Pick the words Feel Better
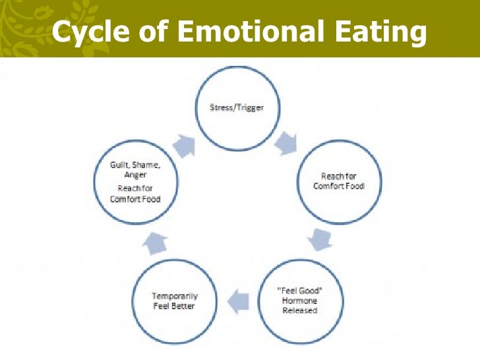point(174,306)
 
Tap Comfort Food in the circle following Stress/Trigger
point(338,185)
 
